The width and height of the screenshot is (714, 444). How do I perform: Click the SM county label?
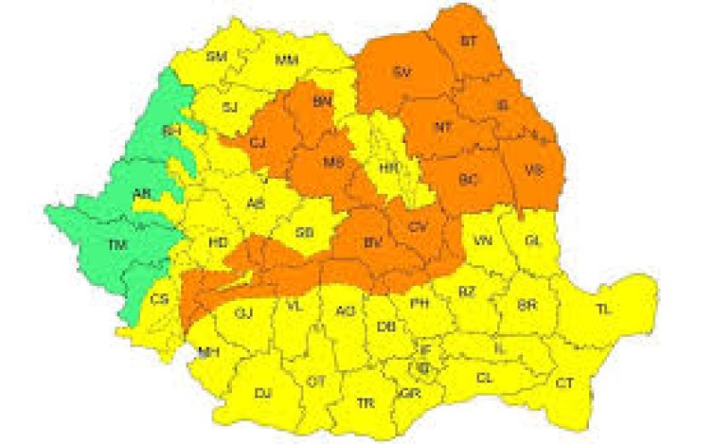pos(216,57)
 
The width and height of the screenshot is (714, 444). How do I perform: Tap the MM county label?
pos(286,61)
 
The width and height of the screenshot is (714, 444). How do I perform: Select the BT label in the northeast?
pos(469,41)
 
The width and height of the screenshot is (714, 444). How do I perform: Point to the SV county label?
pos(402,73)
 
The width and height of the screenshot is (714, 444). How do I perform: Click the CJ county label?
pos(259,142)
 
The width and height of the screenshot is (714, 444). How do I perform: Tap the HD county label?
pos(217,242)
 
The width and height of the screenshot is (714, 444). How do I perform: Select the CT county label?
pos(564,382)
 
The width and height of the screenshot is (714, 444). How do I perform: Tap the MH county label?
pos(209,352)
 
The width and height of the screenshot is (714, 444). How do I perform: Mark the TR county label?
pos(365,404)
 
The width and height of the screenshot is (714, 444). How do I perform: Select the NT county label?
pos(444,128)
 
